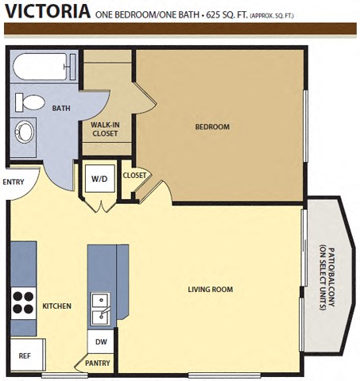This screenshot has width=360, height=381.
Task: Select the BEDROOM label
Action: tap(212, 127)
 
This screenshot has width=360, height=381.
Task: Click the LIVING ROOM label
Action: tap(210, 290)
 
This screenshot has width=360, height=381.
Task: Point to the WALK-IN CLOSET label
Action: tap(104, 129)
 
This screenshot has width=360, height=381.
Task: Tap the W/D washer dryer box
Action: tap(99, 179)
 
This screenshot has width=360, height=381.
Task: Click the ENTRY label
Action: tap(14, 182)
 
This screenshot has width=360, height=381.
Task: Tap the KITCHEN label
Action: tap(57, 306)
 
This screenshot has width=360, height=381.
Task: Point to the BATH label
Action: tap(60, 109)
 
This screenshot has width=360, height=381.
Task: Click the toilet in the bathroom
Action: tap(31, 102)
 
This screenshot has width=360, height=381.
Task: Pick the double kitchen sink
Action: tap(100, 309)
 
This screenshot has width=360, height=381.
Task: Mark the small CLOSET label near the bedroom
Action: tap(134, 175)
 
